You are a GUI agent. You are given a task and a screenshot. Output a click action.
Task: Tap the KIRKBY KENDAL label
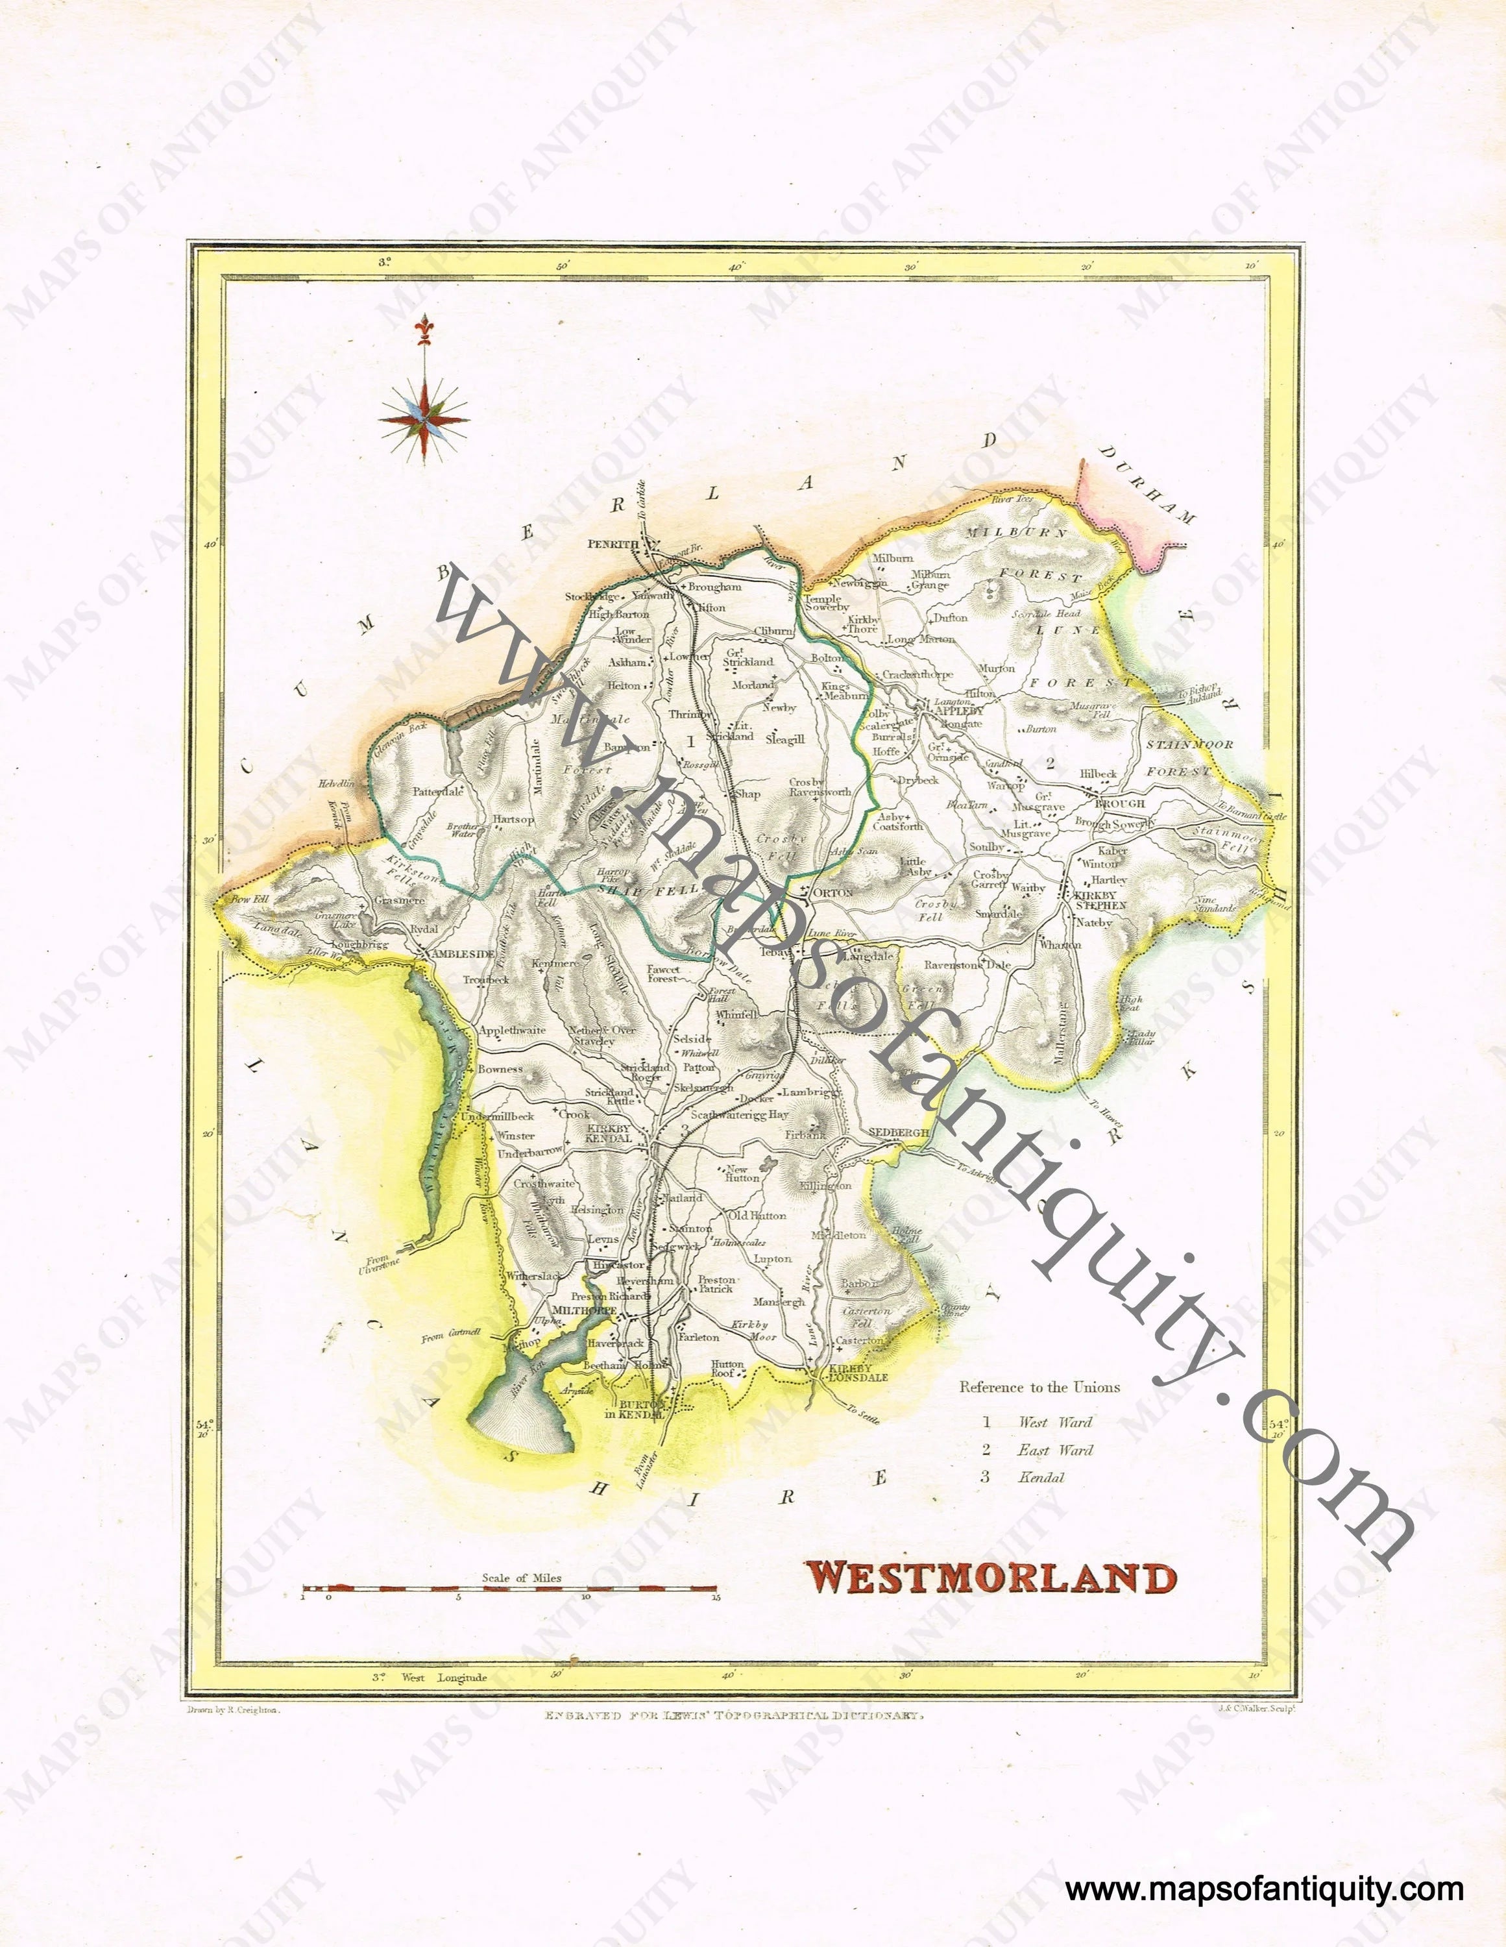[x=609, y=1133]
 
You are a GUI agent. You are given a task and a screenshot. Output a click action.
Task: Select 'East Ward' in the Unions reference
[x=1054, y=1451]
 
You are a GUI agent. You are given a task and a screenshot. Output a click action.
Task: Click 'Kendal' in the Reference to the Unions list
[x=1041, y=1477]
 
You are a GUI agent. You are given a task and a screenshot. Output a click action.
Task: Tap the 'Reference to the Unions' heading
[x=1039, y=1387]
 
